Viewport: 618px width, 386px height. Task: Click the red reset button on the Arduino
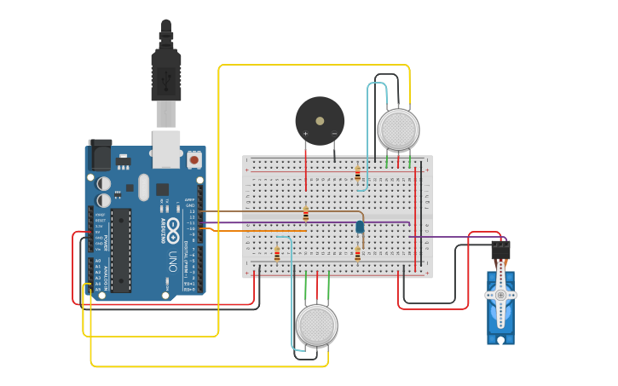194,159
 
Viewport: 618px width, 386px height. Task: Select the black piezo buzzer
320,120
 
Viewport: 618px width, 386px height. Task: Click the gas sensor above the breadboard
398,130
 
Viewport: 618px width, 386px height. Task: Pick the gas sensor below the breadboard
316,325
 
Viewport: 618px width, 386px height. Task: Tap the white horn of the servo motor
500,295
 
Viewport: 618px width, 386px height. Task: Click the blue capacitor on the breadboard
360,227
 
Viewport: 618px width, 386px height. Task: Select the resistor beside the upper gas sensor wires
357,174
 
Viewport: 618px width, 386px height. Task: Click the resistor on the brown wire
306,213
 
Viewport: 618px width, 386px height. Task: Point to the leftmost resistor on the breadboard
277,254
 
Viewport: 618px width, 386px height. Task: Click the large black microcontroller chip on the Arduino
121,250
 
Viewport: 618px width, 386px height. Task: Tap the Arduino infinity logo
173,228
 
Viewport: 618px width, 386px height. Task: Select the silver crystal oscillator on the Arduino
143,187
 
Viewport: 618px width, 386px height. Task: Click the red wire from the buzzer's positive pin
306,166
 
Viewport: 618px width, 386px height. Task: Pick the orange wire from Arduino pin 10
256,230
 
